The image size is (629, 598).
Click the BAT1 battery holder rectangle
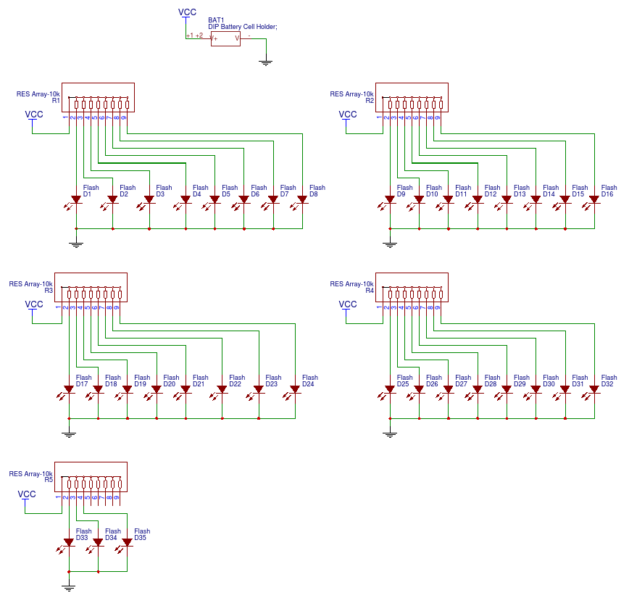click(x=225, y=39)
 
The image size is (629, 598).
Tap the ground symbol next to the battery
click(x=265, y=62)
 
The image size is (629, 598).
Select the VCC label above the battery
click(x=188, y=12)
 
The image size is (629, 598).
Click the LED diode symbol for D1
click(x=75, y=201)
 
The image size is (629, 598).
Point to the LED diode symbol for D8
click(x=301, y=201)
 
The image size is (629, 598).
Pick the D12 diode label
click(x=491, y=194)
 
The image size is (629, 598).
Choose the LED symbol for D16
click(x=593, y=201)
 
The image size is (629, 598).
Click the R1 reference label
click(x=56, y=100)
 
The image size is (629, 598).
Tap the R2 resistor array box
click(x=412, y=98)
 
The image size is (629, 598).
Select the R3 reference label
click(x=49, y=290)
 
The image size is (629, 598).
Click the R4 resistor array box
click(x=412, y=287)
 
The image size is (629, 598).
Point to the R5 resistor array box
click(x=91, y=477)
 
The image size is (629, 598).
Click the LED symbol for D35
click(x=125, y=544)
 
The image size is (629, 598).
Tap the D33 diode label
click(x=82, y=538)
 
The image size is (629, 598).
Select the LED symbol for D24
click(x=293, y=391)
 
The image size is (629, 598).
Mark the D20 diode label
click(x=170, y=384)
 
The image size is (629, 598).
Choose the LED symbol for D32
click(x=593, y=391)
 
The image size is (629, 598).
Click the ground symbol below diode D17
click(x=69, y=433)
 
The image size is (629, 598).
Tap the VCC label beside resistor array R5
click(x=27, y=494)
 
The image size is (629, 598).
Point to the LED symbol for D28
click(x=476, y=391)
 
